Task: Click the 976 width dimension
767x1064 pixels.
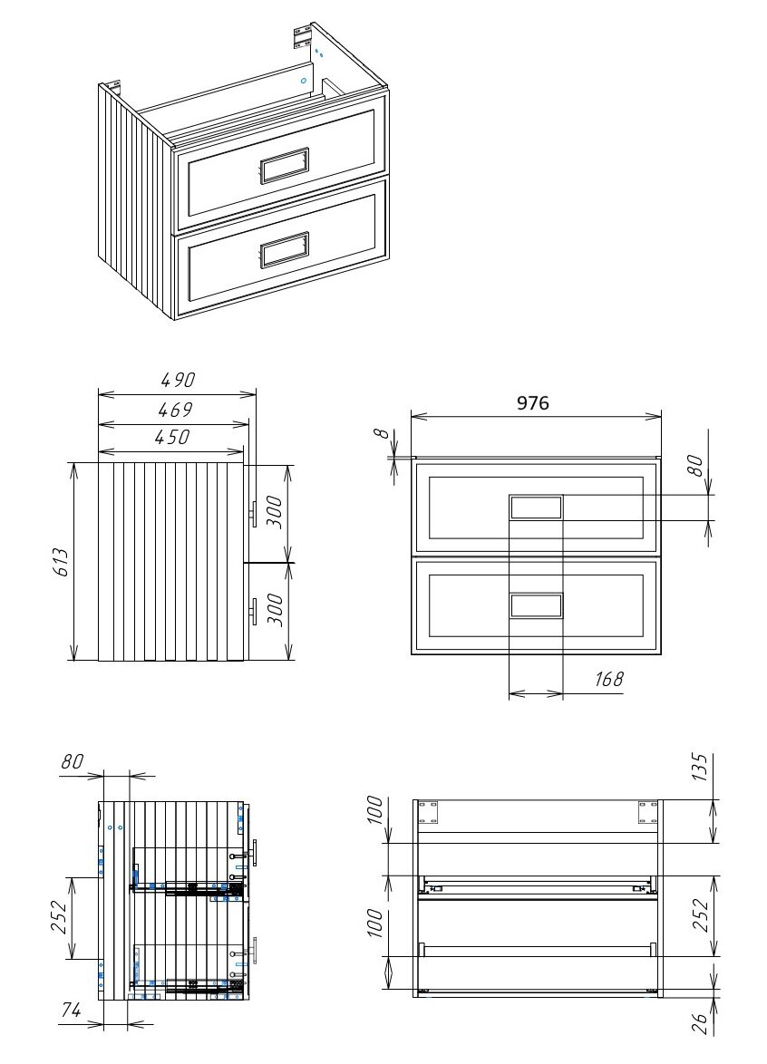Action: [533, 403]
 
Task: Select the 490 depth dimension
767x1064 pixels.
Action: [178, 380]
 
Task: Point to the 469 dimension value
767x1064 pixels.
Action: [176, 410]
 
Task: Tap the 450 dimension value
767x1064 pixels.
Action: [172, 437]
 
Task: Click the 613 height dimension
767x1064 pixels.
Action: [61, 562]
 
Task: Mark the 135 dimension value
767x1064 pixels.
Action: [700, 768]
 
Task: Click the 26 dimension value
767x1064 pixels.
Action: [700, 1023]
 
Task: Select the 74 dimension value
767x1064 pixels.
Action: [70, 1011]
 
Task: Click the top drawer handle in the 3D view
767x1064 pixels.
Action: [285, 165]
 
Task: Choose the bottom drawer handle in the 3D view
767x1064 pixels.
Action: [285, 250]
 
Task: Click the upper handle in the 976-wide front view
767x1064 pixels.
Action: [536, 508]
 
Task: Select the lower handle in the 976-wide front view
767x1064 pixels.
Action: [536, 605]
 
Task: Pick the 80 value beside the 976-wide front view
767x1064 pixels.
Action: [694, 466]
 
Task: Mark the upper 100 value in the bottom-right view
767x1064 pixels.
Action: [375, 809]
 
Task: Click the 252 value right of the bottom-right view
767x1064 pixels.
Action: [700, 915]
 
